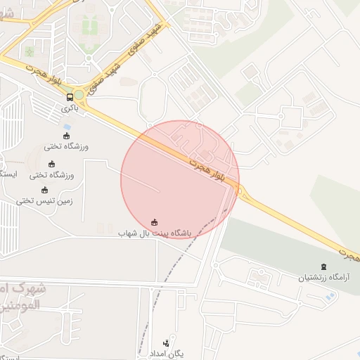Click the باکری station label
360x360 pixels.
pos(69,108)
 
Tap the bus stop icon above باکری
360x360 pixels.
pos(70,97)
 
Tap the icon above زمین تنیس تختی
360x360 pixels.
pos(44,190)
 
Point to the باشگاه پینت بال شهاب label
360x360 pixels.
pos(155,232)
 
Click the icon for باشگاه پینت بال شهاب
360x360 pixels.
pos(155,221)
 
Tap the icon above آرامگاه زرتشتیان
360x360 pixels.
pos(323,266)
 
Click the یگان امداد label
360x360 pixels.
pos(167,352)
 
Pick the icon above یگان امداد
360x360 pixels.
pos(167,342)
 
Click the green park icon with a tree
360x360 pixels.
pos(29,52)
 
